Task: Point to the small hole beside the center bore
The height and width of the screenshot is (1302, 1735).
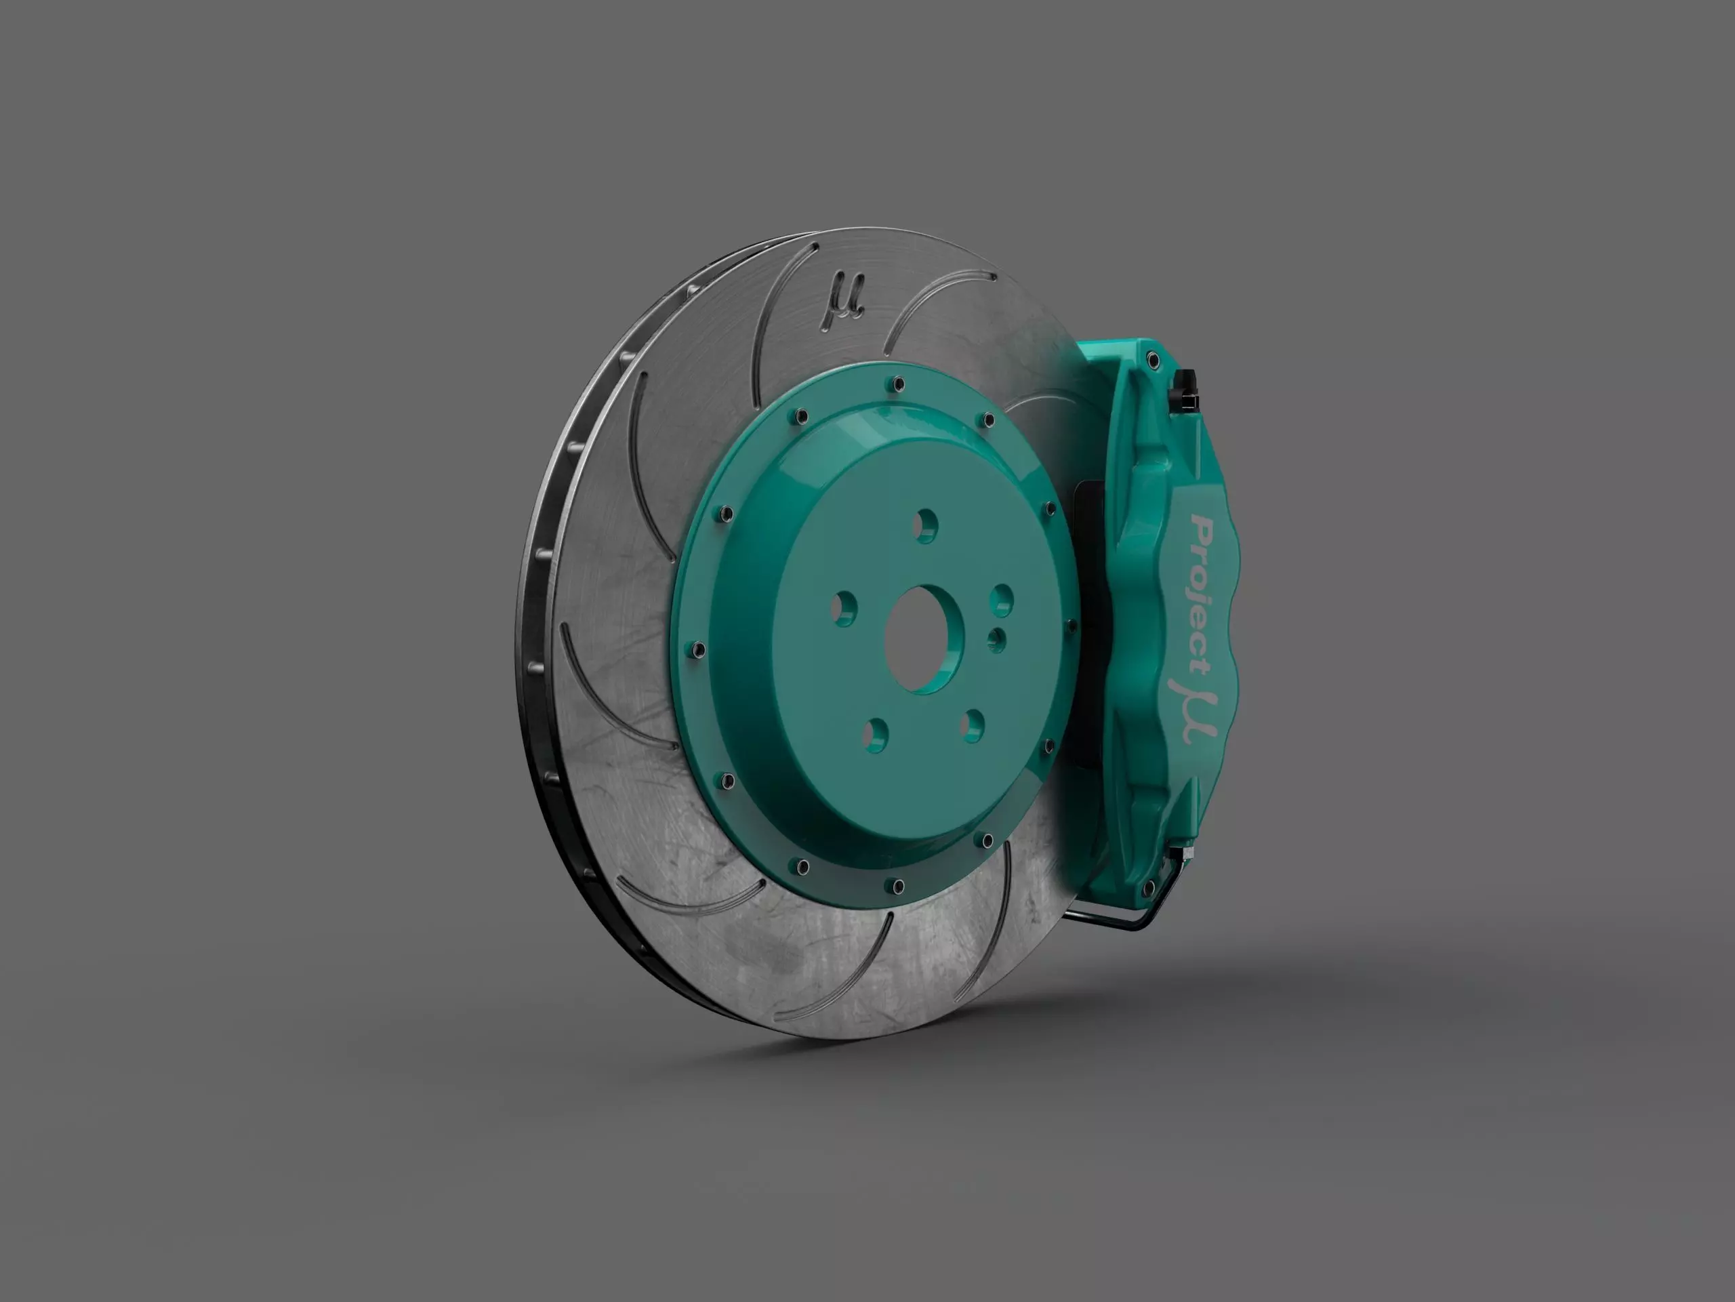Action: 996,639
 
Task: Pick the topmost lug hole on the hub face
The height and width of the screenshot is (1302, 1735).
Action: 926,525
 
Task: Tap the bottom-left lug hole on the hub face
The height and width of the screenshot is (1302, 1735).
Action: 874,733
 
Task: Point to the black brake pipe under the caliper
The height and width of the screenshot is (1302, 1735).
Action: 1114,918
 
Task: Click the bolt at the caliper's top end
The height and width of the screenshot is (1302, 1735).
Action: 1151,360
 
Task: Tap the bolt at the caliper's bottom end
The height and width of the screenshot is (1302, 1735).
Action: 1149,888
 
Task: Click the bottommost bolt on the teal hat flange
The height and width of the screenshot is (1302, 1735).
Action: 898,887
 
